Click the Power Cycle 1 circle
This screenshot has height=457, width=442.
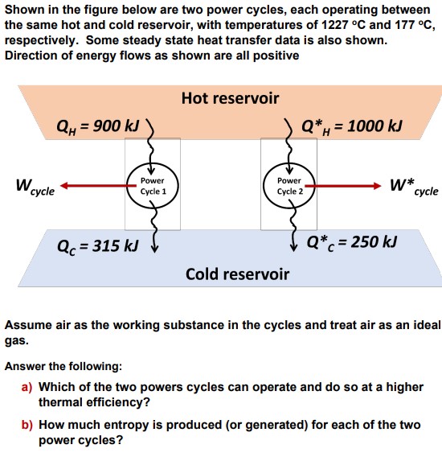tap(152, 187)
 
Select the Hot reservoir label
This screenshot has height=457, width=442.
tap(230, 98)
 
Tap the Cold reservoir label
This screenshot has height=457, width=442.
tap(237, 274)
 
